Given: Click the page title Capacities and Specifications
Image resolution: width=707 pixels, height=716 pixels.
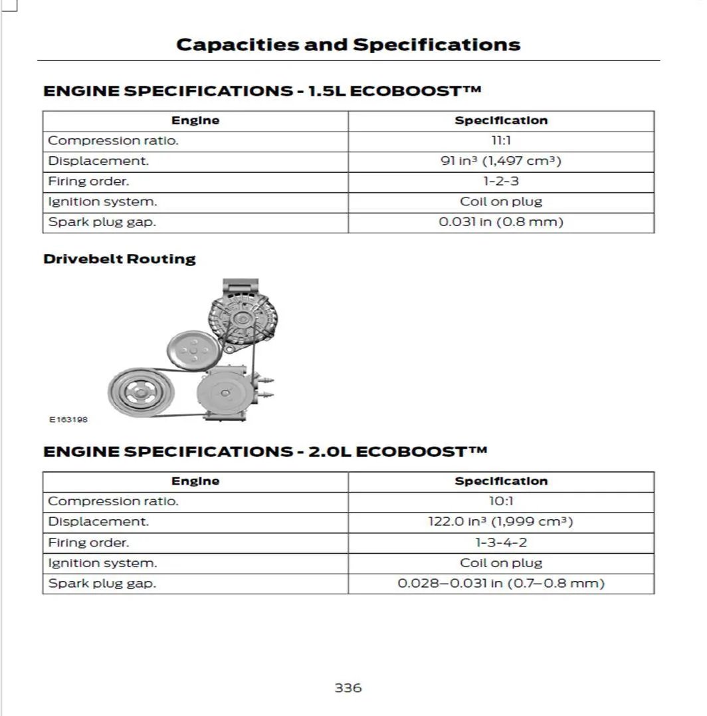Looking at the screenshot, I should coord(348,45).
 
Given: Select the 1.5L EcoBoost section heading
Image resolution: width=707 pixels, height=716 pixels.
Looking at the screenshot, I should coord(262,90).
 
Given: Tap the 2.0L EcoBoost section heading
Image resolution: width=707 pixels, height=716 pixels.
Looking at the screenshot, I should coord(265,451).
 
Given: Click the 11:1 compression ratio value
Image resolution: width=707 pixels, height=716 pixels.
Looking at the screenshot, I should coord(501,141).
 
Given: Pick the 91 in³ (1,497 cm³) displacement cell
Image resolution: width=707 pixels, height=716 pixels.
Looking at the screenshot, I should coord(501,161).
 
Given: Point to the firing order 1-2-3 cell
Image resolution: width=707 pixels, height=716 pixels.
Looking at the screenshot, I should coord(501,181).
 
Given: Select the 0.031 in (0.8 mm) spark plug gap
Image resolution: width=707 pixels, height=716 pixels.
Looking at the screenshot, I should coord(501,222).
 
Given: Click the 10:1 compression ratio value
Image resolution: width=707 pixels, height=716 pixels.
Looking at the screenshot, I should coord(501,501).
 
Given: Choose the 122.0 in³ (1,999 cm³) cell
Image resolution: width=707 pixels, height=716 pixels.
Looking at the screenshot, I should coord(501,522).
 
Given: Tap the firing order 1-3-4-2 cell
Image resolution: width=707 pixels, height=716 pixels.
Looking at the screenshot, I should coord(501,542).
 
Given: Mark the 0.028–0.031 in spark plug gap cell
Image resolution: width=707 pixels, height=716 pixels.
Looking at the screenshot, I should coord(501,584).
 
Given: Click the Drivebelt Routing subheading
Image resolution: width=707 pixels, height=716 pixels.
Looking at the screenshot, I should coord(120,259).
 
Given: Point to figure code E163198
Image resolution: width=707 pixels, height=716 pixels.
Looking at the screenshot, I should coord(68,419).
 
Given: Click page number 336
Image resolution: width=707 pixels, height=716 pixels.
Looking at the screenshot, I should coord(348,688).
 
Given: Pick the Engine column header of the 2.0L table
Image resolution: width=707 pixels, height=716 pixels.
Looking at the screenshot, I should coord(195,481).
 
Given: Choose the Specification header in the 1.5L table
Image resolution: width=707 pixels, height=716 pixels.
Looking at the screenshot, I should coord(501,120).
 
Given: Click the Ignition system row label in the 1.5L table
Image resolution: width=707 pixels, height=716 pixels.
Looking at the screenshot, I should coord(103,201).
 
